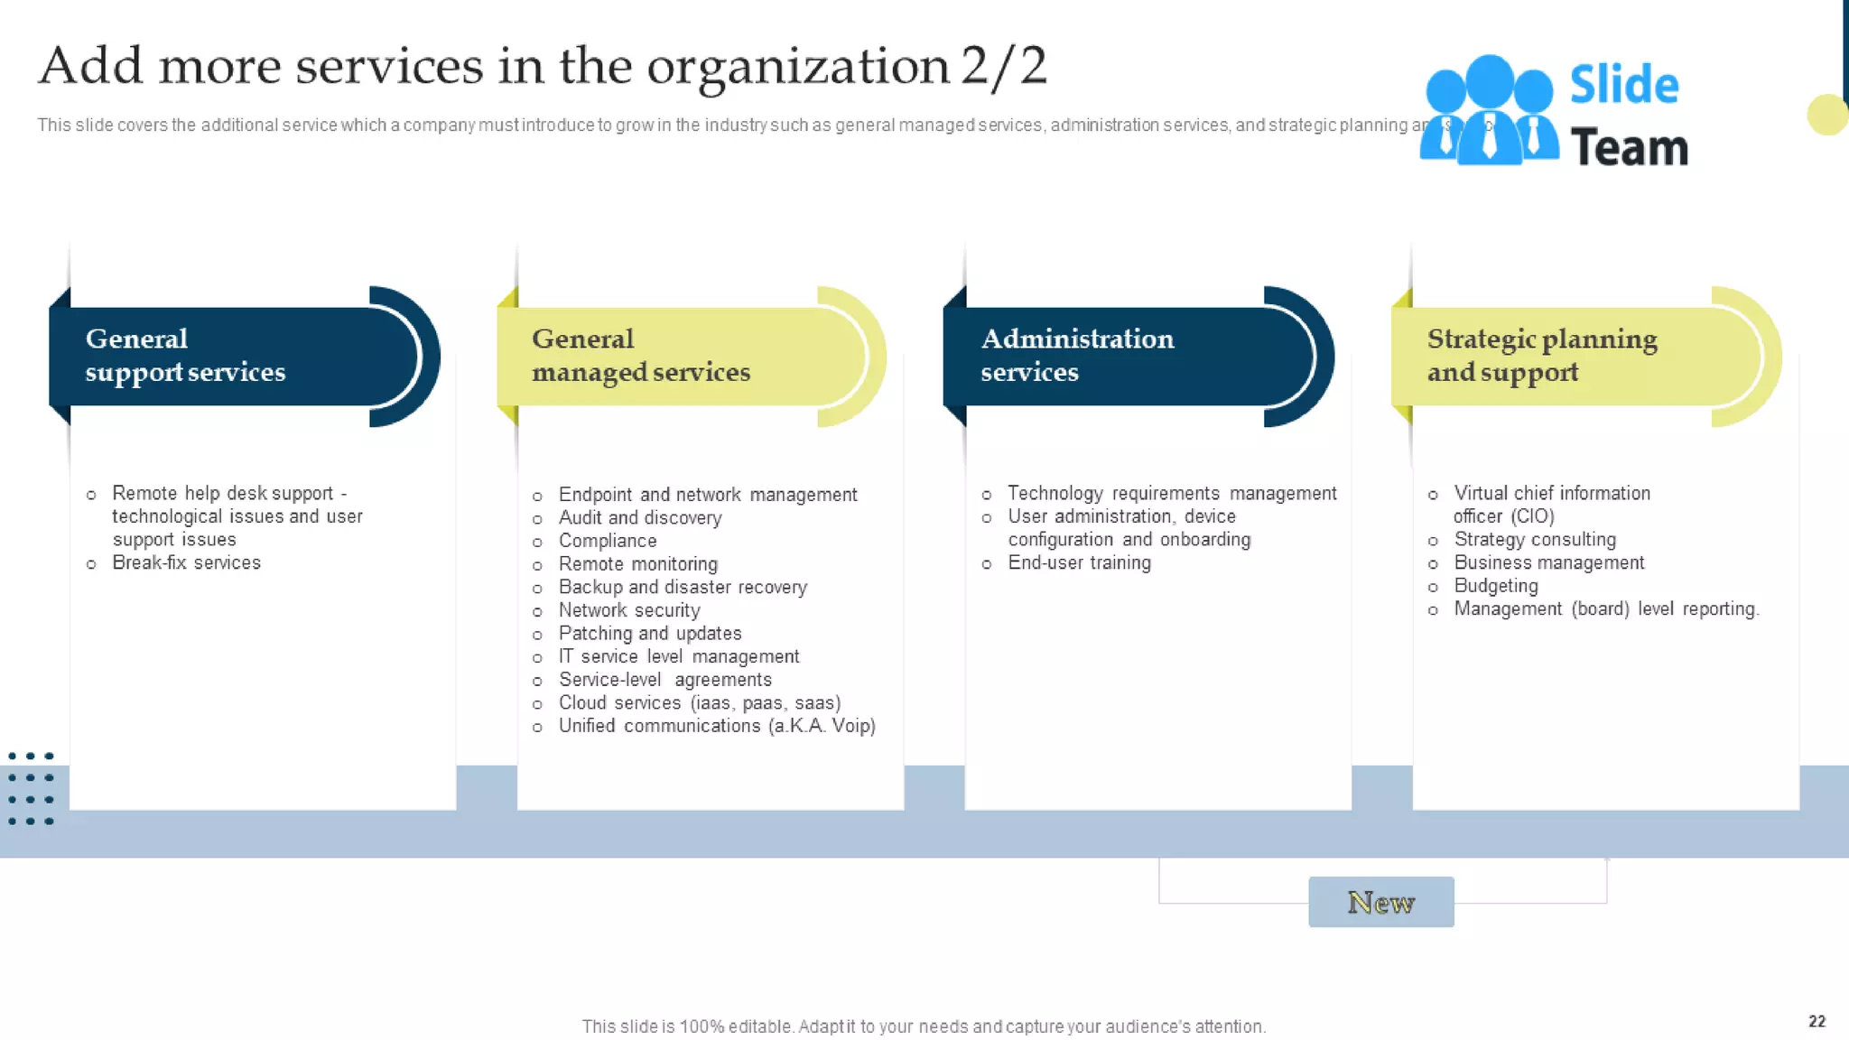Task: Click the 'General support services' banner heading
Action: (185, 355)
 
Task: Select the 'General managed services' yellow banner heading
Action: (640, 355)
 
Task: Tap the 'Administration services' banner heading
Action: (1076, 355)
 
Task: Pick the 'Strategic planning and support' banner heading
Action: (1541, 355)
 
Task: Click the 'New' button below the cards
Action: (1380, 902)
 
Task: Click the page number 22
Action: (1816, 1021)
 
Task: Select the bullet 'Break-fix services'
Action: (186, 562)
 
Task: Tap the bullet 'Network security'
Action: (628, 610)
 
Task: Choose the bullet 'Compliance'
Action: (607, 541)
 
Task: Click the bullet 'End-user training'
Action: (1079, 562)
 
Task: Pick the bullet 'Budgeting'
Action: (1495, 586)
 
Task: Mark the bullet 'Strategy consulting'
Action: (1534, 539)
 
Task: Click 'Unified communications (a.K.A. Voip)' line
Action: (716, 726)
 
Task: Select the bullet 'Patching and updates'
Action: (649, 634)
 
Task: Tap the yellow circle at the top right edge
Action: (1826, 115)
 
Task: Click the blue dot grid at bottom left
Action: (31, 788)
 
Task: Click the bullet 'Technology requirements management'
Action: (1171, 493)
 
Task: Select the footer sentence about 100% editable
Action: (924, 1026)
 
